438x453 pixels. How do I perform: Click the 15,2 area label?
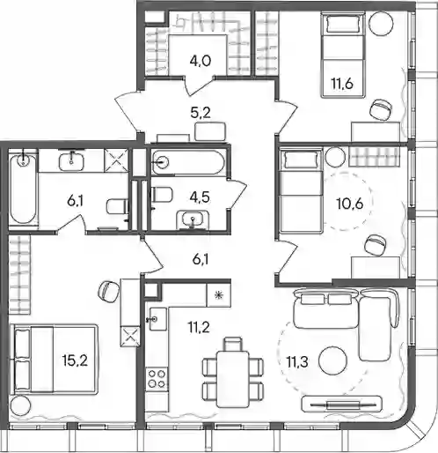click(x=75, y=360)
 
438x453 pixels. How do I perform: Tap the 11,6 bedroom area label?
click(x=342, y=84)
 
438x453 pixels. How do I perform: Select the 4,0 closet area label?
click(x=201, y=61)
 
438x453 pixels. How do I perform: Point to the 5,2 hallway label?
click(x=201, y=112)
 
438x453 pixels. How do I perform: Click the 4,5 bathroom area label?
click(x=200, y=197)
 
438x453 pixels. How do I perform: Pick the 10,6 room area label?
click(x=350, y=204)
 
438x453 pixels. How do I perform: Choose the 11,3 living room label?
click(x=297, y=361)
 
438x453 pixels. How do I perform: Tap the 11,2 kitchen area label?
click(x=199, y=327)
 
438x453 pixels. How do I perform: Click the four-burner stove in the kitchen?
click(x=157, y=379)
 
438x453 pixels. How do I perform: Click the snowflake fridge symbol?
click(x=218, y=294)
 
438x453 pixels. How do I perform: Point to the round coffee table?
click(x=332, y=360)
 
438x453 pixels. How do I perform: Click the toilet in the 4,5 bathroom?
click(x=161, y=195)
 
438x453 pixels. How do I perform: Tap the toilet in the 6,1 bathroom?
click(x=118, y=206)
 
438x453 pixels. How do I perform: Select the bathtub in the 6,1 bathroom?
click(x=23, y=189)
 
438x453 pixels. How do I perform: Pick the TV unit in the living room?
click(x=342, y=405)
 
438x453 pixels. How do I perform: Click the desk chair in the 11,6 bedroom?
click(x=381, y=110)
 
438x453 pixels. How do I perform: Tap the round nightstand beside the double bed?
click(x=20, y=405)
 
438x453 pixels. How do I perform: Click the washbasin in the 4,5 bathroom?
click(x=193, y=219)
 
